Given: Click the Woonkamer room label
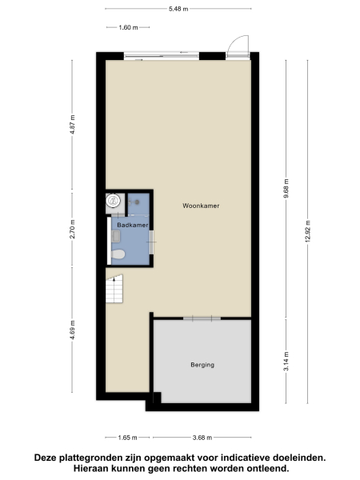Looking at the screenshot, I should click(200, 206).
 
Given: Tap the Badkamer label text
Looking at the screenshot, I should click(132, 226).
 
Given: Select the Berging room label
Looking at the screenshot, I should click(202, 365).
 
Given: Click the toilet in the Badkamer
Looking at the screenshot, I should click(118, 254).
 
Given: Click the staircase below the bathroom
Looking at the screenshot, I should click(114, 289).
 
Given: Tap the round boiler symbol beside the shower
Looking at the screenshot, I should click(113, 202).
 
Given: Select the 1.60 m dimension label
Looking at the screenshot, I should click(128, 27).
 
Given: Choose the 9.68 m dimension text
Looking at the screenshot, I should click(286, 186).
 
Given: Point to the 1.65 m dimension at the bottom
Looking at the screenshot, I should click(127, 437).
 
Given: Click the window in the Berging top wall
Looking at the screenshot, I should click(201, 318).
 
